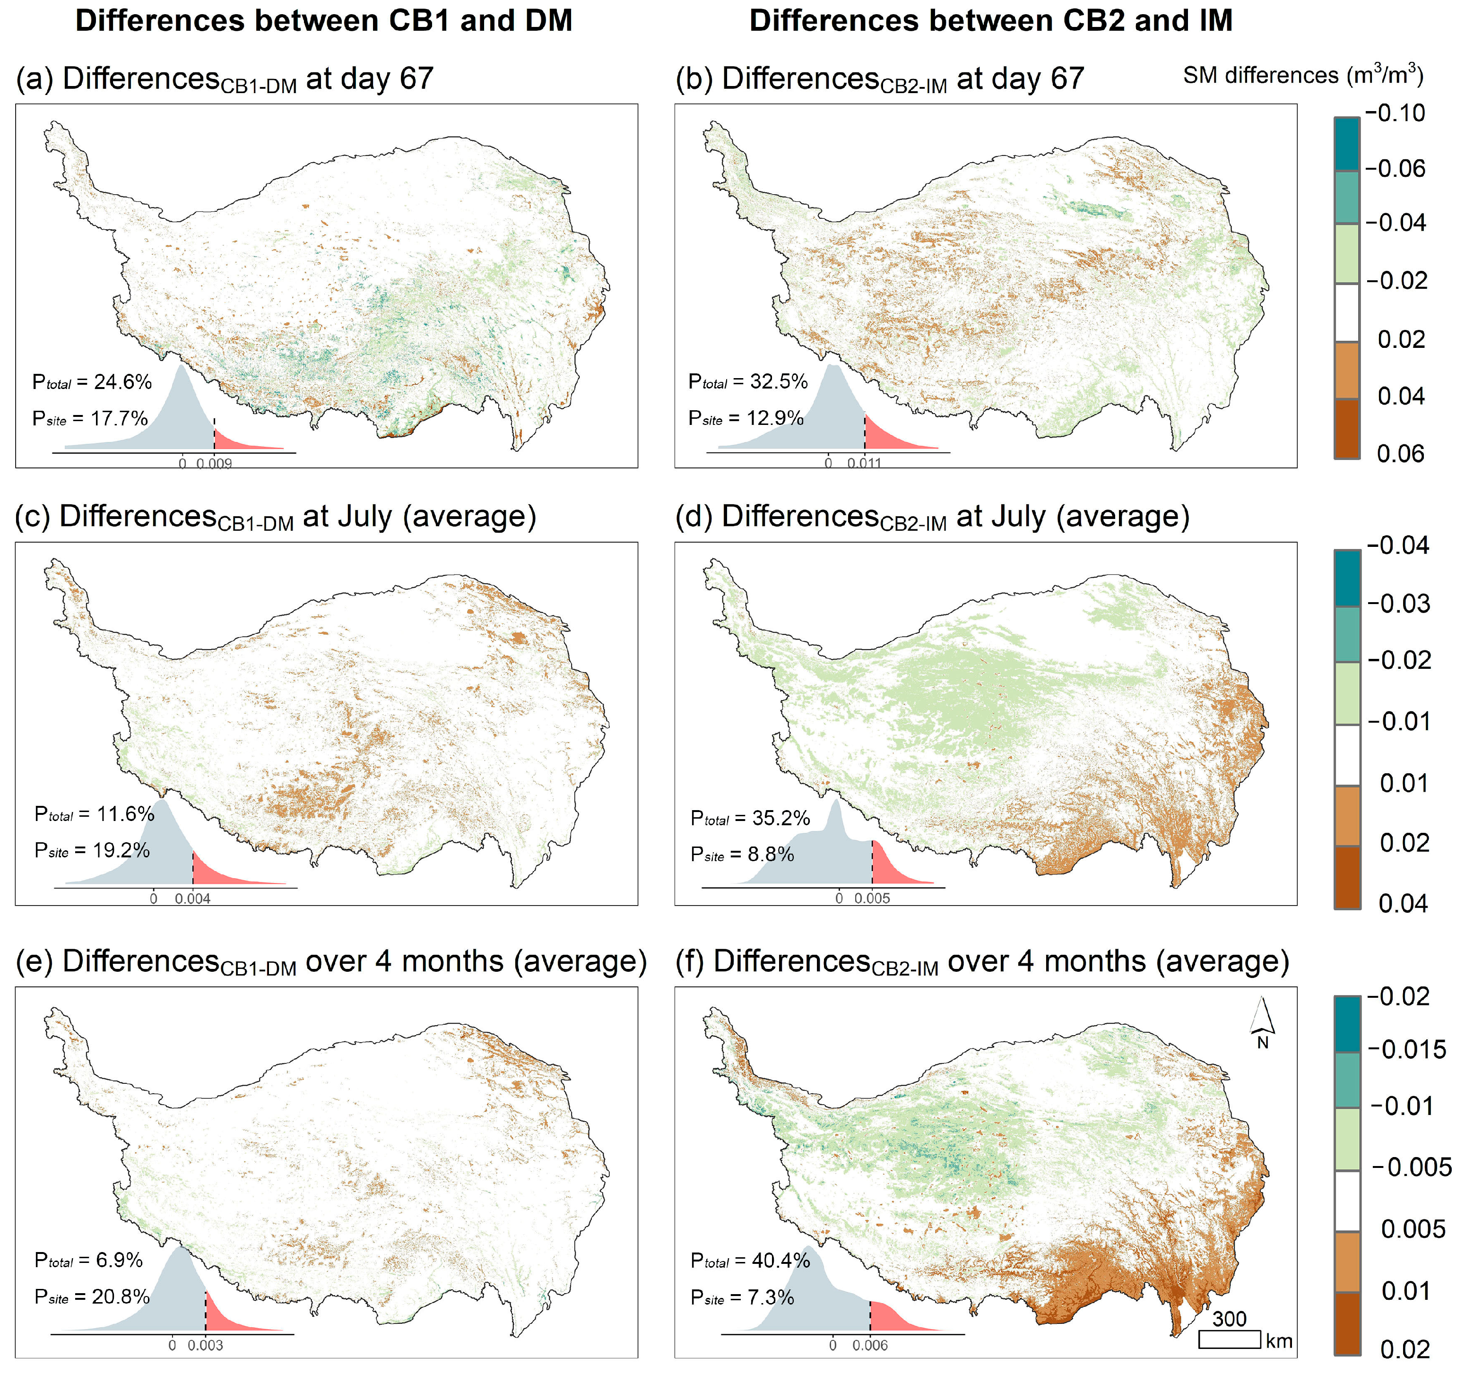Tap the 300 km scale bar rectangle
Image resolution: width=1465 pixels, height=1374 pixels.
pos(1229,1339)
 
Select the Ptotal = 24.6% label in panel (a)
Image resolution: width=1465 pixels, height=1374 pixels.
pos(92,381)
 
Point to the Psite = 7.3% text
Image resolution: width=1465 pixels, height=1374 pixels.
pos(742,1297)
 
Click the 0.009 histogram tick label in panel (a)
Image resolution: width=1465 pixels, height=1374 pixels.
pos(215,463)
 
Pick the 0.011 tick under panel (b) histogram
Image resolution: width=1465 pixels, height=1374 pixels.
pos(865,463)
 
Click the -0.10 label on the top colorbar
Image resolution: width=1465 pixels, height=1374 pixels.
pos(1395,113)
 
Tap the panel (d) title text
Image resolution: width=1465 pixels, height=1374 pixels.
pos(932,517)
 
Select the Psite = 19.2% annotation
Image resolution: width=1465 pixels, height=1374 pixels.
pos(92,850)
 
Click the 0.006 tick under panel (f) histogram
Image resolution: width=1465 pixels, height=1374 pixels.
pos(870,1345)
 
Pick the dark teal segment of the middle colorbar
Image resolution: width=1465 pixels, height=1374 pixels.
pos(1347,579)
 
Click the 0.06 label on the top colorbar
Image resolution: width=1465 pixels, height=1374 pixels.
pos(1400,453)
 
